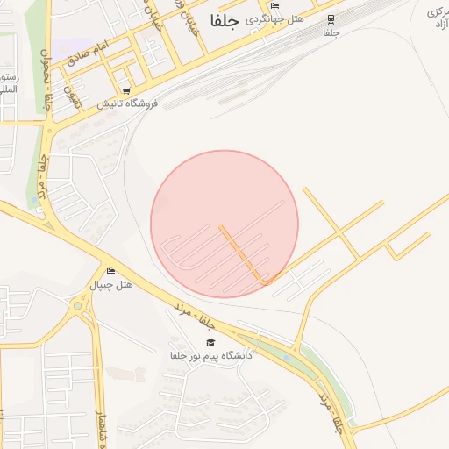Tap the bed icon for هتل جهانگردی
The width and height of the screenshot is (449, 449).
pos(274,6)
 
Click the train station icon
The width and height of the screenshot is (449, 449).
pos(331,19)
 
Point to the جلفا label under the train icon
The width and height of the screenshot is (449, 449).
pos(331,32)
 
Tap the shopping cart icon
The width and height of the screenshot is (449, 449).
pos(127,90)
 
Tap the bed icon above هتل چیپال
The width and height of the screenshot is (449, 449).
pos(110,271)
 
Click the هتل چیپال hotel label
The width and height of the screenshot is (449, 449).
pos(111,285)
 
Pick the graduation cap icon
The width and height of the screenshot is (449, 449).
pos(210,342)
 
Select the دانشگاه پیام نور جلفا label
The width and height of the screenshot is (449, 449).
pos(210,356)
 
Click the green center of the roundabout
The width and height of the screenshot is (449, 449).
pos(81,306)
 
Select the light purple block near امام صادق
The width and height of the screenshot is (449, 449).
pos(70,46)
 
